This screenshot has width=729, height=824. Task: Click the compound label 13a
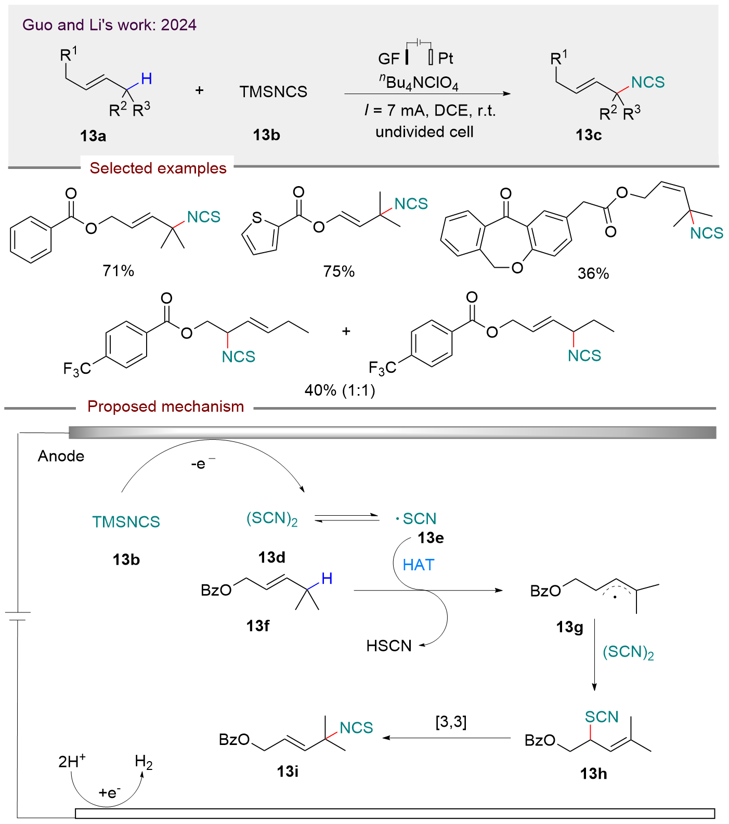pos(93,136)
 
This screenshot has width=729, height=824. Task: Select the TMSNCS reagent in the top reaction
pos(273,92)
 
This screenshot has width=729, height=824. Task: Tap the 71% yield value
pos(119,270)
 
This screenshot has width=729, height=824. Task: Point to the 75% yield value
pos(339,271)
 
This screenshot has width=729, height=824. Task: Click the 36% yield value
pos(593,273)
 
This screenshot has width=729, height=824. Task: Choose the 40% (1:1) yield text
pos(340,390)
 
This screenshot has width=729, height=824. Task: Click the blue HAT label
pos(418,565)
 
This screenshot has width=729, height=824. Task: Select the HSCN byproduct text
pos(389,646)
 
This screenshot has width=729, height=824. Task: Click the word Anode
pos(61,456)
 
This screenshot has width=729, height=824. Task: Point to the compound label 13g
pos(569,627)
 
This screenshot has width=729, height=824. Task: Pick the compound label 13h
pos(593,774)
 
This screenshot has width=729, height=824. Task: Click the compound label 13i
pos(288,771)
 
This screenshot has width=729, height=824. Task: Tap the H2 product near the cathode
pos(144,762)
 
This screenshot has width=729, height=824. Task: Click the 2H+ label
pos(72,762)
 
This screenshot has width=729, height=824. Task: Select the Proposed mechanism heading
pos(165,407)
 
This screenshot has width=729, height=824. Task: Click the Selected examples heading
pos(158,168)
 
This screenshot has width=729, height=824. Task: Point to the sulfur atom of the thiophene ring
pos(256,218)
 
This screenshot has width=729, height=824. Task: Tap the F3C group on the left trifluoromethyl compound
pos(76,369)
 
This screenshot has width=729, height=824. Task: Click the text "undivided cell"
pos(424,132)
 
